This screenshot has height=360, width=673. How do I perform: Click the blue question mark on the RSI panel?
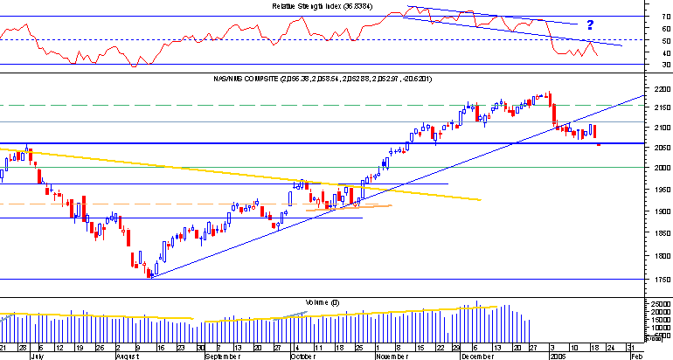pos(590,25)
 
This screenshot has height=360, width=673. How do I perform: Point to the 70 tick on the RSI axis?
pos(642,16)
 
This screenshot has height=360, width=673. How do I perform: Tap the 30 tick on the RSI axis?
pos(642,65)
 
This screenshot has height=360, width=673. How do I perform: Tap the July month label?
pos(36,357)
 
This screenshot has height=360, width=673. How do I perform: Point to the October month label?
pos(302,357)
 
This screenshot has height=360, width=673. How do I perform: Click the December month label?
pos(476,357)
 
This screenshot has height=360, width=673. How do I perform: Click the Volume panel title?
pos(316,301)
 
